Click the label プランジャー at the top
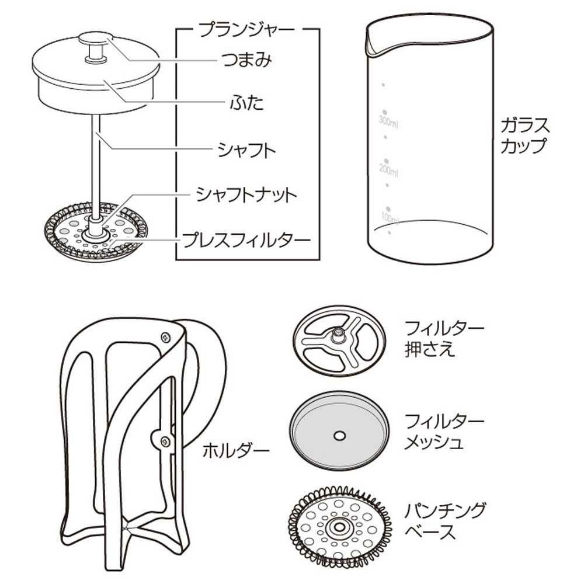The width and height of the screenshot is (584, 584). [246, 30]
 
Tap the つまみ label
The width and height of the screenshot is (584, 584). [246, 60]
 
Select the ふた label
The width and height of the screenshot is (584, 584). [246, 102]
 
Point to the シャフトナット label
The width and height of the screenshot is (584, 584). [246, 195]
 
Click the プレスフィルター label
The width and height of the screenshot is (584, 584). [246, 240]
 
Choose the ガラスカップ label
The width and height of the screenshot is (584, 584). [525, 135]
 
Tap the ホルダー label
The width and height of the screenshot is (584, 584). [236, 451]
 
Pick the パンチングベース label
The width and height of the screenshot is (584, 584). [446, 521]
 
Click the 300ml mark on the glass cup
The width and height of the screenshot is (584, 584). [388, 122]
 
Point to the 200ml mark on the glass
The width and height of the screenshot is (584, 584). [388, 170]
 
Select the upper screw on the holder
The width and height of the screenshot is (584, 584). [165, 337]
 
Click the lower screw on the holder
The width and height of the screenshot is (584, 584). [165, 442]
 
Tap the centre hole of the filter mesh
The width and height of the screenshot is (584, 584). [339, 436]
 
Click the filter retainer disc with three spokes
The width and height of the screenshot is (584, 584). [339, 340]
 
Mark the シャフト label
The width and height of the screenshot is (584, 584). [246, 150]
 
